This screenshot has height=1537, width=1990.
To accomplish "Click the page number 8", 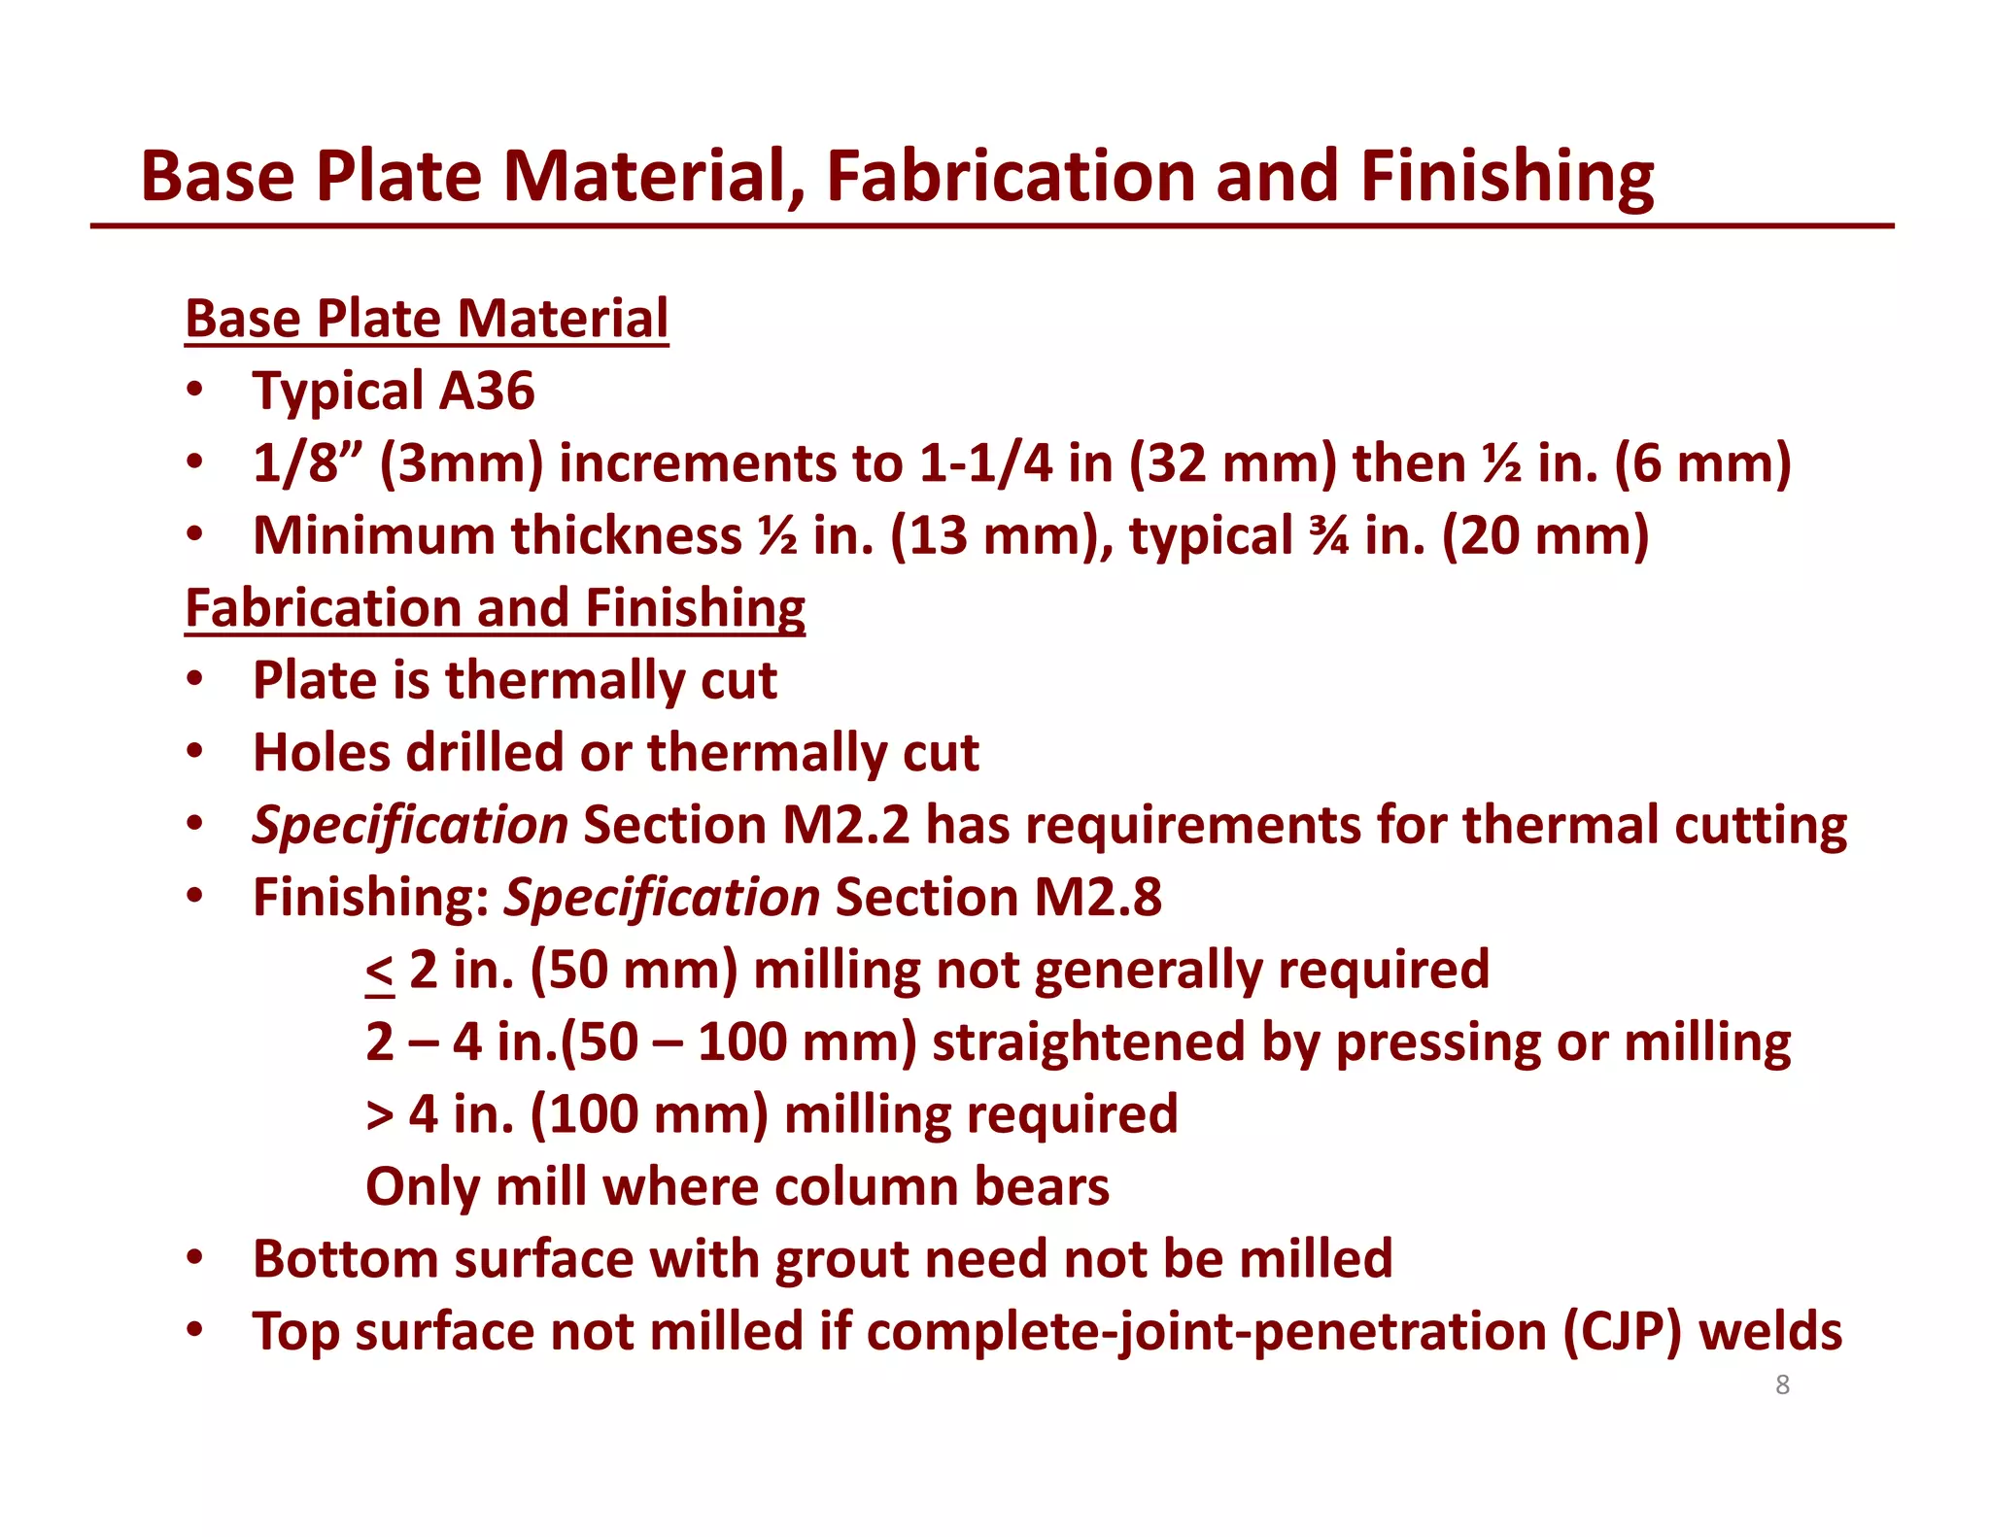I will pyautogui.click(x=1782, y=1384).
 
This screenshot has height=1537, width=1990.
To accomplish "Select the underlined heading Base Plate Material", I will pyautogui.click(x=427, y=319).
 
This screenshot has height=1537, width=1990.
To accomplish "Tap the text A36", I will pyautogui.click(x=487, y=391).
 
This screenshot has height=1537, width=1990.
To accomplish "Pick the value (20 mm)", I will pyautogui.click(x=1545, y=535).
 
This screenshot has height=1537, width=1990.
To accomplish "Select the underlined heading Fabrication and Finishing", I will pyautogui.click(x=495, y=608).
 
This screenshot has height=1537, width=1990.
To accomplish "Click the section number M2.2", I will pyautogui.click(x=845, y=825).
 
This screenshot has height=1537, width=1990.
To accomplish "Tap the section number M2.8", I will pyautogui.click(x=1097, y=897).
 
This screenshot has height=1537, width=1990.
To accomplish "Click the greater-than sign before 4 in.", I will pyautogui.click(x=380, y=1115).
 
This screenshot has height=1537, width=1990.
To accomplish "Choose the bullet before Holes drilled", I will pyautogui.click(x=195, y=752).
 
